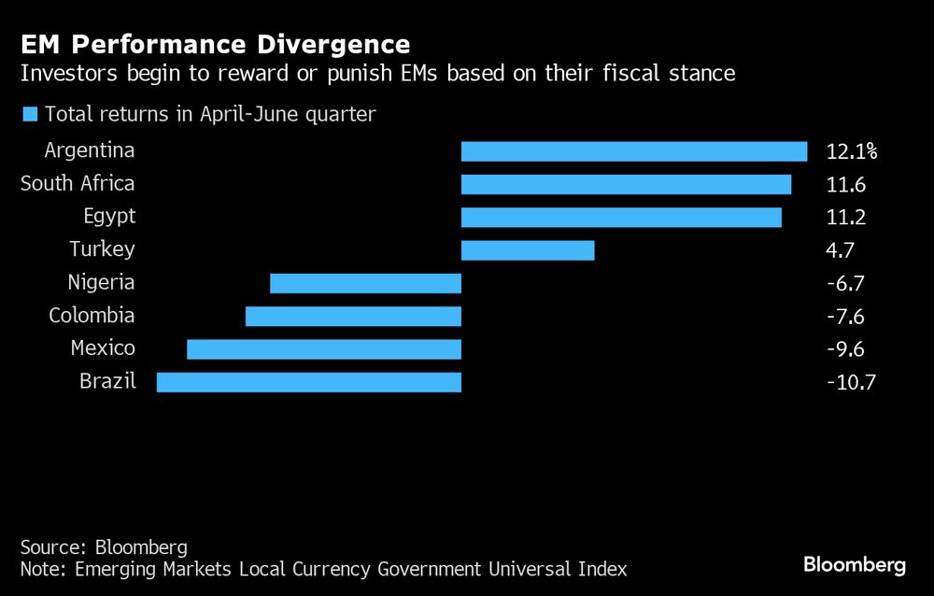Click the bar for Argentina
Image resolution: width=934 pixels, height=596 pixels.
634,151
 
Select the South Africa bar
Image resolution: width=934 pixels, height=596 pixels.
626,184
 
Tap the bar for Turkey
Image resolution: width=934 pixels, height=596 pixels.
528,250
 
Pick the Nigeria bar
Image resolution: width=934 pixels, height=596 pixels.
365,283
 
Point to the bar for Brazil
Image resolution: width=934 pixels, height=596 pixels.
308,382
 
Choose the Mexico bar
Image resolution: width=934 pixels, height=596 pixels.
324,349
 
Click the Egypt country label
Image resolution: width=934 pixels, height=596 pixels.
108,217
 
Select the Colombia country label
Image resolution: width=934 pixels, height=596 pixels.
92,316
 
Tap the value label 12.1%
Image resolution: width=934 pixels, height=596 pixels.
852,151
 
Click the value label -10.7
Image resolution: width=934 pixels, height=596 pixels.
851,382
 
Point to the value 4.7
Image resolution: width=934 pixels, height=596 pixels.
841,250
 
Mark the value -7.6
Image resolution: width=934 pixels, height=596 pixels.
845,316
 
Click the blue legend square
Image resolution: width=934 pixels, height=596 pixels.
29,115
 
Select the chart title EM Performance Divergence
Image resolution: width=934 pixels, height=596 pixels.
215,44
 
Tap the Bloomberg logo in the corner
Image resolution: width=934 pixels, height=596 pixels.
855,564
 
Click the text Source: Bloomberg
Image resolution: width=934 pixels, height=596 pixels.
104,546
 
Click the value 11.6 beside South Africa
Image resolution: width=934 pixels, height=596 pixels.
846,184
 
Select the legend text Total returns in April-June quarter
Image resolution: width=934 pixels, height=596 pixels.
210,115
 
